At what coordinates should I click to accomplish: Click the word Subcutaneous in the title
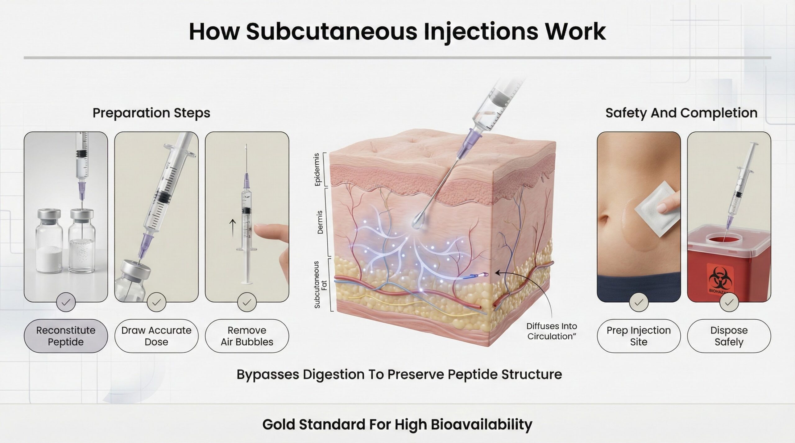[331, 32]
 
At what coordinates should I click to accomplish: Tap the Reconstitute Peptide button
[66, 336]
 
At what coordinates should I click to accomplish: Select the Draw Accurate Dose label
[156, 336]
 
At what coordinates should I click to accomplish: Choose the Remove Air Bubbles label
[247, 336]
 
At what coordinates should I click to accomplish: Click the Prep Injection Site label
[638, 336]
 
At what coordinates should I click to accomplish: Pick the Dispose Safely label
[729, 336]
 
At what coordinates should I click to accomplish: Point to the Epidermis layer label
[317, 169]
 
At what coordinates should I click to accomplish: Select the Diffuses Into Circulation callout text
[552, 331]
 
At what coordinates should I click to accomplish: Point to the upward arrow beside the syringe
[232, 227]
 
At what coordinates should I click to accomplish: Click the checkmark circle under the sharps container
[729, 302]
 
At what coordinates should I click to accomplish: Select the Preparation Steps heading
[151, 113]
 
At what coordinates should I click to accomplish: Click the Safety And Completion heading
[681, 113]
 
